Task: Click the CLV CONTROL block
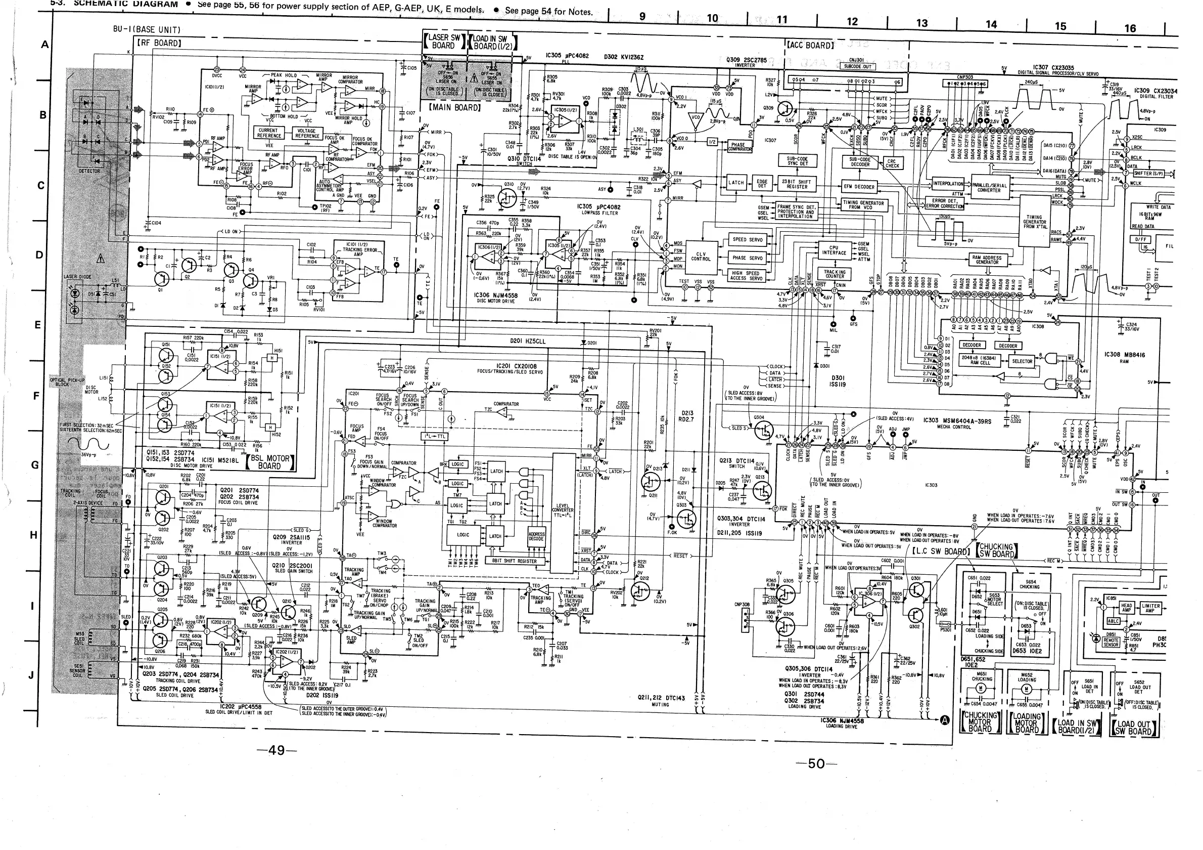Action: (701, 257)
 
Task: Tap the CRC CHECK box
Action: (892, 163)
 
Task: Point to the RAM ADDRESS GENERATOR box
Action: (987, 260)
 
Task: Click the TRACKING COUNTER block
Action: (835, 274)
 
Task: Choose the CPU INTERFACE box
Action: (834, 250)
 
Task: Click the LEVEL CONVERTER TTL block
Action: (563, 511)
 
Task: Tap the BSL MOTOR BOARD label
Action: (270, 462)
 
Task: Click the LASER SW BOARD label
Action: (444, 41)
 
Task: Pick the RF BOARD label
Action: (159, 43)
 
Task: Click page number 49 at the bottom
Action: (276, 750)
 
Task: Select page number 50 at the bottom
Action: (816, 764)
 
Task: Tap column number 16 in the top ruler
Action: (1130, 28)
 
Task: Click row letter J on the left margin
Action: (31, 675)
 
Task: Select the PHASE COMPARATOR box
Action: (739, 147)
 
